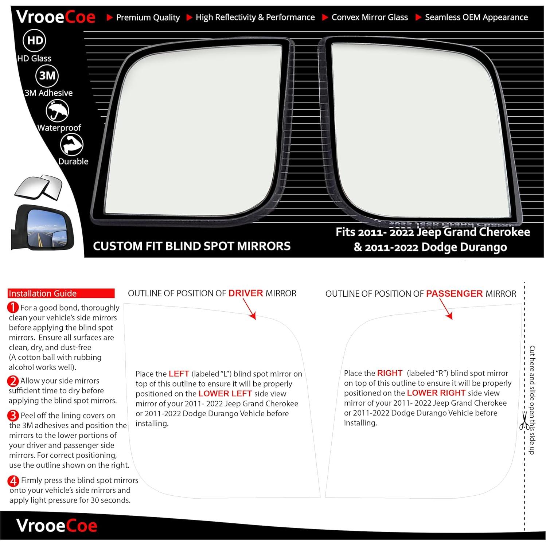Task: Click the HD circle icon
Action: (35, 40)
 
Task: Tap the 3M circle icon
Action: (47, 75)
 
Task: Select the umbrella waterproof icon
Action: (57, 110)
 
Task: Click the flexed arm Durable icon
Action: (72, 144)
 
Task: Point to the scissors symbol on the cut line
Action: (524, 421)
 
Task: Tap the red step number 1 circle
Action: (13, 308)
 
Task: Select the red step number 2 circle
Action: (13, 381)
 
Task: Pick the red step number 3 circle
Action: (13, 416)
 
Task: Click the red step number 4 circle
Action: (13, 481)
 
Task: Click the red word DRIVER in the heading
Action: (245, 293)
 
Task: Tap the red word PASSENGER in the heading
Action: (454, 294)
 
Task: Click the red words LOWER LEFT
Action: (225, 394)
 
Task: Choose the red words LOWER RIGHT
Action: (436, 393)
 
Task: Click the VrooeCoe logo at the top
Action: (56, 17)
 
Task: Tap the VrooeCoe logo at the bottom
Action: (57, 526)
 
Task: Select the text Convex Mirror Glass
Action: (369, 17)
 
